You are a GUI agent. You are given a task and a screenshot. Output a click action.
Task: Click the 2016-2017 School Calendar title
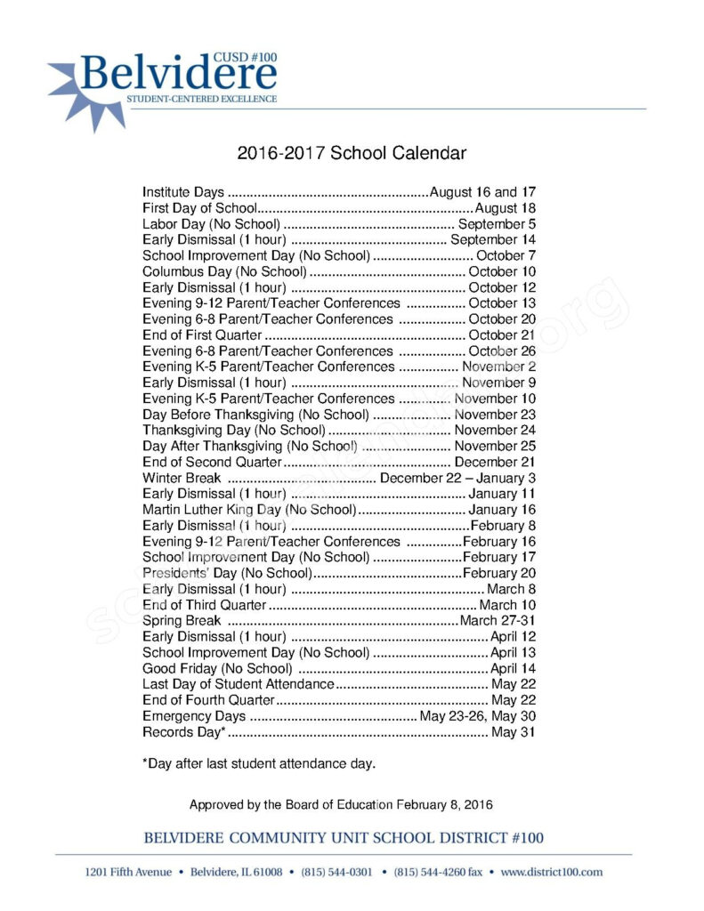click(x=352, y=153)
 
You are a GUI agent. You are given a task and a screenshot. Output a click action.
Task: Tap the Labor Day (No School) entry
click(x=212, y=224)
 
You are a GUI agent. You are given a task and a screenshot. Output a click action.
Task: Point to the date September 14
click(x=493, y=240)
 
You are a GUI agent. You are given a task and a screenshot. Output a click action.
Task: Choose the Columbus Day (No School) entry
click(x=224, y=271)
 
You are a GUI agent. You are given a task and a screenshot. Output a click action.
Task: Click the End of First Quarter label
click(x=202, y=335)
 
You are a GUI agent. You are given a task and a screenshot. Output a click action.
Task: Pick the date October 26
click(x=502, y=351)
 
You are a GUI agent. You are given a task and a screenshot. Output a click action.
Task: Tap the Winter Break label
click(x=182, y=479)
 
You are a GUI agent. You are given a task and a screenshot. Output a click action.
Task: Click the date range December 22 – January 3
click(x=457, y=479)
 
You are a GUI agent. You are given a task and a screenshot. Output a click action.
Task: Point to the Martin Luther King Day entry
click(x=249, y=510)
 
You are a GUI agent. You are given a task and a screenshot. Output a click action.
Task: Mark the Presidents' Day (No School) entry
click(x=226, y=573)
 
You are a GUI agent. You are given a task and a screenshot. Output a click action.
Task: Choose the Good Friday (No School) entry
click(x=217, y=668)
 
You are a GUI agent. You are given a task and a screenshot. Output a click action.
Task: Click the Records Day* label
click(x=184, y=732)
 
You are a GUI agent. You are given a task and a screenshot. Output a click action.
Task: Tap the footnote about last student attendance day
click(x=259, y=763)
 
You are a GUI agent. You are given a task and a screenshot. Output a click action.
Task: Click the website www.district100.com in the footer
click(x=552, y=872)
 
